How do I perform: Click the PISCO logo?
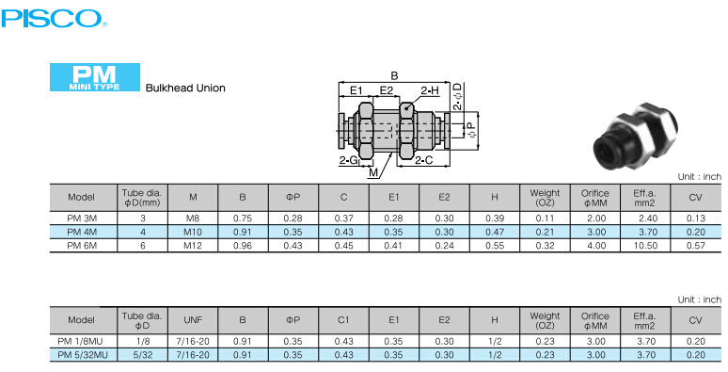[x=54, y=18]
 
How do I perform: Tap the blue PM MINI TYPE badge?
[x=95, y=77]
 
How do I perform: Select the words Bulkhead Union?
[x=185, y=88]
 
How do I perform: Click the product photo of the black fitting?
[x=635, y=137]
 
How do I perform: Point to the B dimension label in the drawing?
[x=394, y=76]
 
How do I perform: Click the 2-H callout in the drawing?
[x=430, y=90]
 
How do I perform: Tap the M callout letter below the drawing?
[x=373, y=173]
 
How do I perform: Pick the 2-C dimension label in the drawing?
[x=423, y=160]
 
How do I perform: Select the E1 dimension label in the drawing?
[x=356, y=90]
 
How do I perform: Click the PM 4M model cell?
[x=82, y=232]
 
